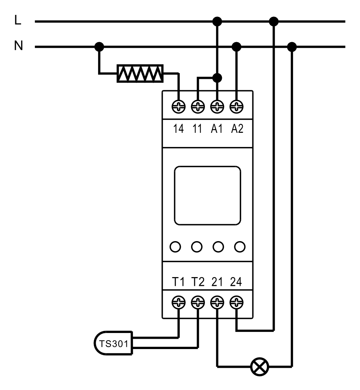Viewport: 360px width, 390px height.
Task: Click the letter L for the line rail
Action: pyautogui.click(x=18, y=20)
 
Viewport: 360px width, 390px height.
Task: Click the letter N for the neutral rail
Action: pyautogui.click(x=18, y=46)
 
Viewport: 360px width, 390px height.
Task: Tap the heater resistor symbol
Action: pyautogui.click(x=140, y=73)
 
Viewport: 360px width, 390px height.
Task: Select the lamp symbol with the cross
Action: pyautogui.click(x=259, y=367)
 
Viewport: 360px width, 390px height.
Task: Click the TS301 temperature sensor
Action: pyautogui.click(x=113, y=343)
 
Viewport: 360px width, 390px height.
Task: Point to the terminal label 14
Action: pyautogui.click(x=178, y=129)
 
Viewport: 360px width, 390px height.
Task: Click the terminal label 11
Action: pyautogui.click(x=197, y=129)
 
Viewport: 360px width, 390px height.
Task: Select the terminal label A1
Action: pyautogui.click(x=217, y=129)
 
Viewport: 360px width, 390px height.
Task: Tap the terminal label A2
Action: pyautogui.click(x=237, y=129)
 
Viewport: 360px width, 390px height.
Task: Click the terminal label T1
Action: pyautogui.click(x=178, y=282)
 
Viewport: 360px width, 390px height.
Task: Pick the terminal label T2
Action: pyautogui.click(x=198, y=282)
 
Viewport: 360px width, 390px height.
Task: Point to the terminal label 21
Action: pyautogui.click(x=217, y=282)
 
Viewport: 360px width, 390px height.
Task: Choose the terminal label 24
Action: pyautogui.click(x=236, y=282)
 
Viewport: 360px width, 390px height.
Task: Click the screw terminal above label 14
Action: pyautogui.click(x=179, y=107)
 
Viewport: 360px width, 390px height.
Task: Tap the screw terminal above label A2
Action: pyautogui.click(x=237, y=107)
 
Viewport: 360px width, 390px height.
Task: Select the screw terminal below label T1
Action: pyautogui.click(x=179, y=302)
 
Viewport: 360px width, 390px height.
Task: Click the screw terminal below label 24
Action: pyautogui.click(x=237, y=302)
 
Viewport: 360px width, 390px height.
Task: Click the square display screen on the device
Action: pyautogui.click(x=208, y=196)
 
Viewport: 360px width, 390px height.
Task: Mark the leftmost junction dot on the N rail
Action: pyautogui.click(x=99, y=47)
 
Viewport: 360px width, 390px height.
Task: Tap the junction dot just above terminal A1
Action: pyautogui.click(x=218, y=78)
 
